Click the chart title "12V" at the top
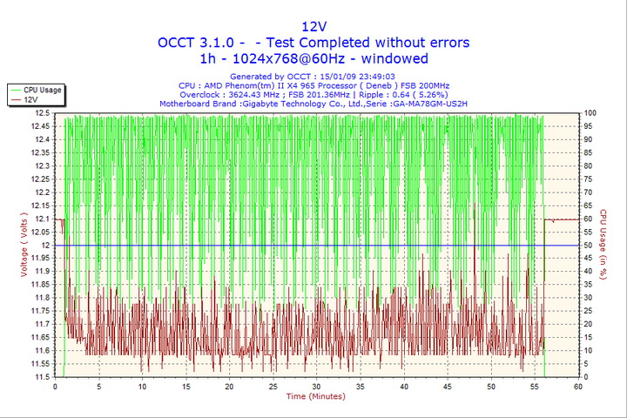tap(313, 25)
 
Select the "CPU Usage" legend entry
tap(41, 90)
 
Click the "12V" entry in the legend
tap(30, 100)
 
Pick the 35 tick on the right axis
tap(590, 285)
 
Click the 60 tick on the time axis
tap(578, 387)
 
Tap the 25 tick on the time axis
tap(273, 387)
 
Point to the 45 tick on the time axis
tap(448, 387)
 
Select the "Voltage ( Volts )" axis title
tap(23, 246)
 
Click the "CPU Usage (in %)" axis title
tap(602, 246)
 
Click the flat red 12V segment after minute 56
tap(562, 219)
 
